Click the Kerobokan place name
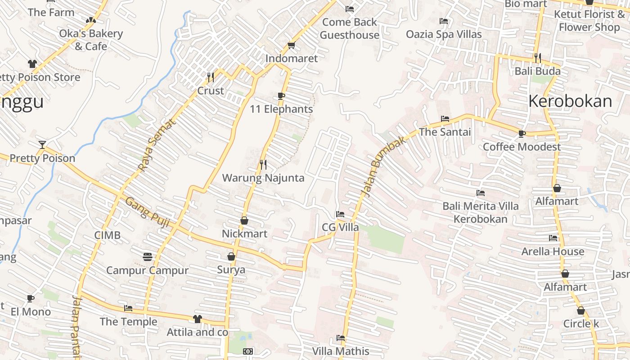pos(570,101)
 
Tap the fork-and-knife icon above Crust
pos(210,77)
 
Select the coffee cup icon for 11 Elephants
pos(281,96)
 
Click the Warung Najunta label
pos(263,178)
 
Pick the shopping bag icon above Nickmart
pos(244,220)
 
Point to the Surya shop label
pos(231,270)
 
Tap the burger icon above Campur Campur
pos(147,257)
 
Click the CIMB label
pos(108,235)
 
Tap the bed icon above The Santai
pos(445,119)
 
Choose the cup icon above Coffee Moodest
pos(522,134)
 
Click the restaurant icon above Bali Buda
pos(537,58)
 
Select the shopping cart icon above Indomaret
pos(291,45)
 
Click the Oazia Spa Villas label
pos(444,34)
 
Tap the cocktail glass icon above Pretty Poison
pos(42,144)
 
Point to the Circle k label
pos(581,324)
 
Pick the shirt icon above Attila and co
pos(197,319)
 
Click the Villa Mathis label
pos(341,351)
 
